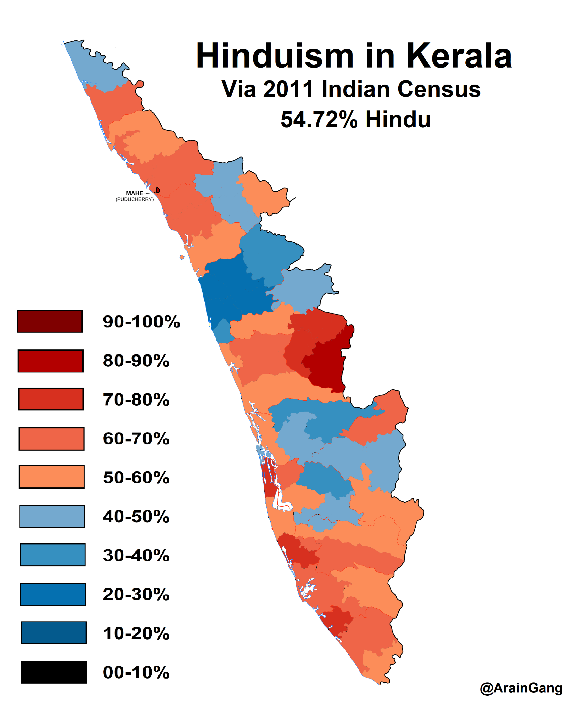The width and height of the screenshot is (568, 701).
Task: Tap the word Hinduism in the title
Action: [275, 56]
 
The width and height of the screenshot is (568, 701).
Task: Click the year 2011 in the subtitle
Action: [288, 89]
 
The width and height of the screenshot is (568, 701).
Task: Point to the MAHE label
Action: [135, 193]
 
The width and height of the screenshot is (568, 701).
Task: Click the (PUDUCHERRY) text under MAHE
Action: [135, 199]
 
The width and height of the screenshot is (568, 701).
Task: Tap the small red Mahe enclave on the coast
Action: [158, 190]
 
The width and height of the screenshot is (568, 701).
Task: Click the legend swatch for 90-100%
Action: [50, 321]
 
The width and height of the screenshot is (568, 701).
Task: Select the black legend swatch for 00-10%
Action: [54, 672]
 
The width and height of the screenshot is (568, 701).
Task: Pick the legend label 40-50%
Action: [136, 516]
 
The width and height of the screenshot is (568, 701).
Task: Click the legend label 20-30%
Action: [136, 594]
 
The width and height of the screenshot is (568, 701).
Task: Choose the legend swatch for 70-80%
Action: [51, 399]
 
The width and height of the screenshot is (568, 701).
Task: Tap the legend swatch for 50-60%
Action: [52, 477]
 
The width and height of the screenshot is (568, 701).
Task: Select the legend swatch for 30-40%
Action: [53, 555]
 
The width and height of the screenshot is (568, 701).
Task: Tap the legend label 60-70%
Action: [136, 439]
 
